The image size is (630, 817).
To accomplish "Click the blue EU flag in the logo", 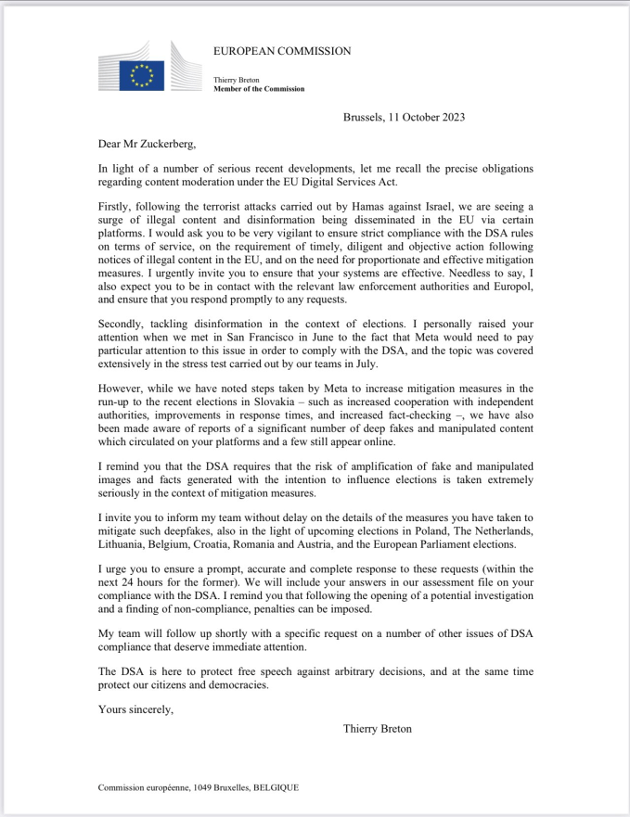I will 143,75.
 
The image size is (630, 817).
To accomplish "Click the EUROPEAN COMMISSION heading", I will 282,51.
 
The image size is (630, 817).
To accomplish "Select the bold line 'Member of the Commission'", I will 259,90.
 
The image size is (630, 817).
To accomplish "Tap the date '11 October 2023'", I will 431,117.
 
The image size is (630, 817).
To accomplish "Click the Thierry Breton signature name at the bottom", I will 378,728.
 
